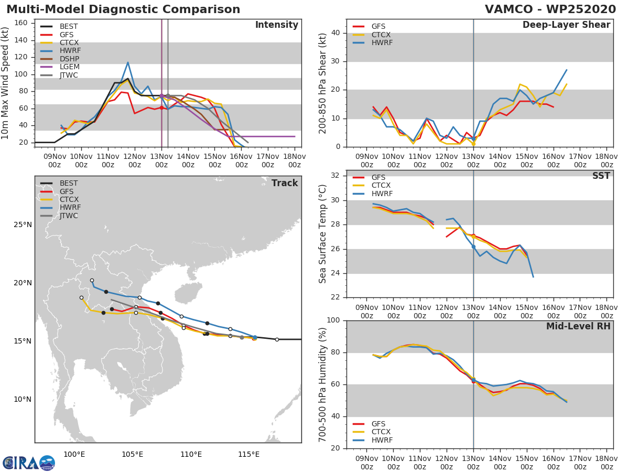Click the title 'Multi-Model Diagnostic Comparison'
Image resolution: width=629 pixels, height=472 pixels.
point(123,9)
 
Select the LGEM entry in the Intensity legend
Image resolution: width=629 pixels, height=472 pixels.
point(70,67)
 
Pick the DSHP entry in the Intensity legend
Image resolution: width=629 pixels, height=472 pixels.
point(70,59)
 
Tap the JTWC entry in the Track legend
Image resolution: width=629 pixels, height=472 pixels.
point(69,216)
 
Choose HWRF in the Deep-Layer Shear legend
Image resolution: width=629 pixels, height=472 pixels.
point(382,42)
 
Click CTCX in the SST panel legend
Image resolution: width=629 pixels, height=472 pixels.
point(381,185)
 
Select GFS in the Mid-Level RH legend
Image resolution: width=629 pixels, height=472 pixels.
point(381,424)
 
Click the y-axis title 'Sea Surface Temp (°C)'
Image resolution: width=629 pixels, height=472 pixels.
point(323,233)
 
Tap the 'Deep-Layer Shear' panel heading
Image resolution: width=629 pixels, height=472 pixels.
point(566,25)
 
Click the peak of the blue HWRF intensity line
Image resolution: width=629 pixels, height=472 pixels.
point(127,62)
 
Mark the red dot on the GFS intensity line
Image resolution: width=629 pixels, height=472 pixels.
point(161,108)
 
